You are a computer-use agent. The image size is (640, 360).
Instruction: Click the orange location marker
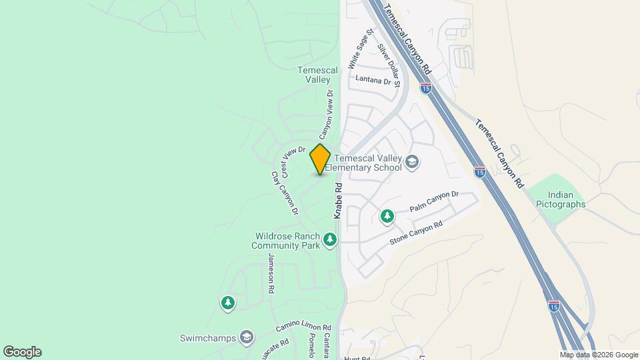320,159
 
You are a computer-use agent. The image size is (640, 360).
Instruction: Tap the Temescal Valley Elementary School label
369,163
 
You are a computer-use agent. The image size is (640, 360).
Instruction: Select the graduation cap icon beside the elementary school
413,162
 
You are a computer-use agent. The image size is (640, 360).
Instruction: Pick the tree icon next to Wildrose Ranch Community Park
329,239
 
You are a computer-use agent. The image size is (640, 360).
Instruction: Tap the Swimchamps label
208,338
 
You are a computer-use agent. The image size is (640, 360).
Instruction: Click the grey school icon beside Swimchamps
247,337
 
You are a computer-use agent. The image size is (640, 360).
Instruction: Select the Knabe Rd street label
339,201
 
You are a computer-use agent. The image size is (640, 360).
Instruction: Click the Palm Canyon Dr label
435,201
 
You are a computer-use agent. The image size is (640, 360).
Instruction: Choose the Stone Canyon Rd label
416,233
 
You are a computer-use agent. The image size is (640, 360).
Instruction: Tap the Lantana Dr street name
373,80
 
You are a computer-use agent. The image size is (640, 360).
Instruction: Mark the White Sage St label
358,50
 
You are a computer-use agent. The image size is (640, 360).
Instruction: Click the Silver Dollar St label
388,65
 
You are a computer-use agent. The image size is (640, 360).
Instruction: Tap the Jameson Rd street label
271,273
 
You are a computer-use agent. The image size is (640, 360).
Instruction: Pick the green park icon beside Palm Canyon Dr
387,217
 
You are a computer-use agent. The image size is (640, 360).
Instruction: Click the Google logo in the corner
22,352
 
